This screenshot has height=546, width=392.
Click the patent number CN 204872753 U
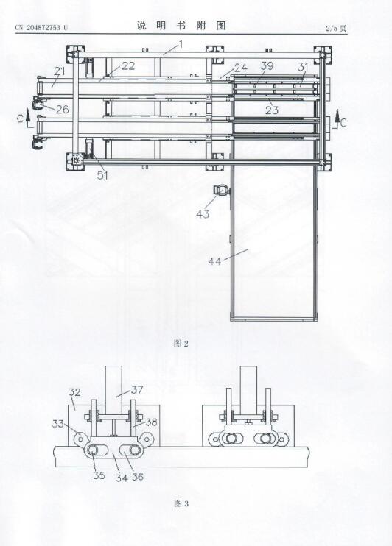pos(42,28)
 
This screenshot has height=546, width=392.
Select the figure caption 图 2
pos(181,344)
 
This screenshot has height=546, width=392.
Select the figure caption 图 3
pos(181,503)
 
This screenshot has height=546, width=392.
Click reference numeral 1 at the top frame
pos(181,44)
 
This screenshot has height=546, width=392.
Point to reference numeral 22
pos(128,65)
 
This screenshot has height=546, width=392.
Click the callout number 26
pos(62,110)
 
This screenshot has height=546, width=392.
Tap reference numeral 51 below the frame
pos(102,175)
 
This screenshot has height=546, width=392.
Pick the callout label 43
pos(203,213)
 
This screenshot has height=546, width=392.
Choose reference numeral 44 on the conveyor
pos(215,260)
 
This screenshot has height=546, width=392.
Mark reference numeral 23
pos(272,110)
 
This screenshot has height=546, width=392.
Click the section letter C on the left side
pos(20,118)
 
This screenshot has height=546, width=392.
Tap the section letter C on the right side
pos(343,123)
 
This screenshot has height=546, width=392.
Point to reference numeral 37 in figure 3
pos(137,389)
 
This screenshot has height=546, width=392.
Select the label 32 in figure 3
pos(74,392)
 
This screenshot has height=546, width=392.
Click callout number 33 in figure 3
pos(58,423)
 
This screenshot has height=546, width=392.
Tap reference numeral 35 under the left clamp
pos(99,475)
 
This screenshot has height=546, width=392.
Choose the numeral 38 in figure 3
pos(151,422)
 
